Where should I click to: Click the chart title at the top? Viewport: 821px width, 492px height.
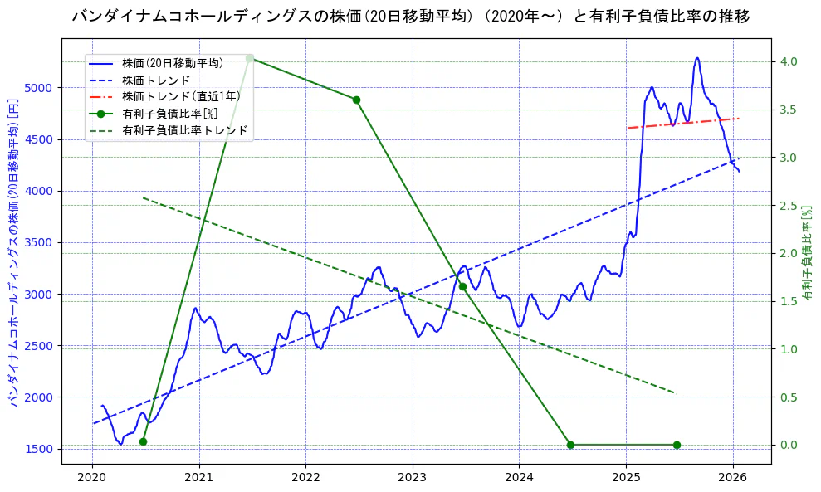pos(411,17)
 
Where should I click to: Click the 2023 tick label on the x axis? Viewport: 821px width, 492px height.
pos(413,478)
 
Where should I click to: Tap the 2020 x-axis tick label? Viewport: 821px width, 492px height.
pos(92,478)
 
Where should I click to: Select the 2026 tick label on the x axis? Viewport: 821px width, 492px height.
pos(733,478)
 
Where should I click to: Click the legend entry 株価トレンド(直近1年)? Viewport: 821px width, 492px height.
pos(181,96)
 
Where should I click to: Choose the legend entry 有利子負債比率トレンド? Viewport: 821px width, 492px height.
pos(184,130)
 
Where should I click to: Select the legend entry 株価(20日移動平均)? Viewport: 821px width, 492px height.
pos(172,63)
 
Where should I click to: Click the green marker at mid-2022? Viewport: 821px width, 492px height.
pos(356,100)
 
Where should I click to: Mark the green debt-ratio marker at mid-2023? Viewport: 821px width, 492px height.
pos(462,286)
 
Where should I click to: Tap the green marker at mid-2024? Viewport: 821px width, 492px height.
pos(570,445)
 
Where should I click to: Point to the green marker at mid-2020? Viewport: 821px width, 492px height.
pos(143,441)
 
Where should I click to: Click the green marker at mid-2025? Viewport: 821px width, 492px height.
pos(677,445)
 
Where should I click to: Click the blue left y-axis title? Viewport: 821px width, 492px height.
pos(13,259)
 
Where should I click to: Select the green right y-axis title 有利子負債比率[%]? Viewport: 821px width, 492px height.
pos(807,253)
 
